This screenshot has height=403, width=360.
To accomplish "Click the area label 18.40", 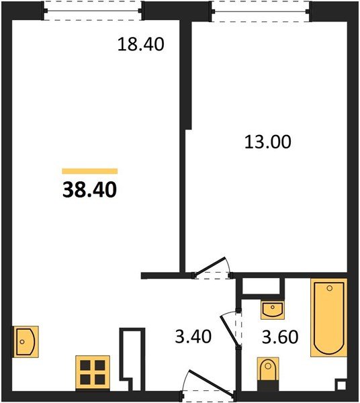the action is point(141,44).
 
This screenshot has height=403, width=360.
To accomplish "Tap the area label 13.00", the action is point(268,142).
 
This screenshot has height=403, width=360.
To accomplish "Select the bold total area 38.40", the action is point(90,189).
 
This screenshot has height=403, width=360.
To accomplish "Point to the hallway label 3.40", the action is point(193,337).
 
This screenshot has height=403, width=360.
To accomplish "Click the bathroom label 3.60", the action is point(280,337).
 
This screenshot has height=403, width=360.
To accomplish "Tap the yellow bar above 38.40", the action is point(90,171).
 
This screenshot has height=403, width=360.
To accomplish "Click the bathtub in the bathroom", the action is point(328,318).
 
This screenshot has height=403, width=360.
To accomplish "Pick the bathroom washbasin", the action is point(273,310).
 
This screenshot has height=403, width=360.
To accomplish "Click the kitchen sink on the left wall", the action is point(26,342).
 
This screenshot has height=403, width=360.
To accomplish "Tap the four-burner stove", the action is point(93,373).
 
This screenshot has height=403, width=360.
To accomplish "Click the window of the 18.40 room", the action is point(93,11).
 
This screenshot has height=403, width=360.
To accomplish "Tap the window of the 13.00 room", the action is point(261,11).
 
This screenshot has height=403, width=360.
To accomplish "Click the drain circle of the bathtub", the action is point(329,288).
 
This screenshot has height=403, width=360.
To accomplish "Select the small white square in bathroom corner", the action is point(341,386).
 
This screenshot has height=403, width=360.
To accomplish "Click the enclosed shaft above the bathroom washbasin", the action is point(261,286).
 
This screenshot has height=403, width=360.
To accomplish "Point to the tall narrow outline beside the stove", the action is point(132,359).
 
